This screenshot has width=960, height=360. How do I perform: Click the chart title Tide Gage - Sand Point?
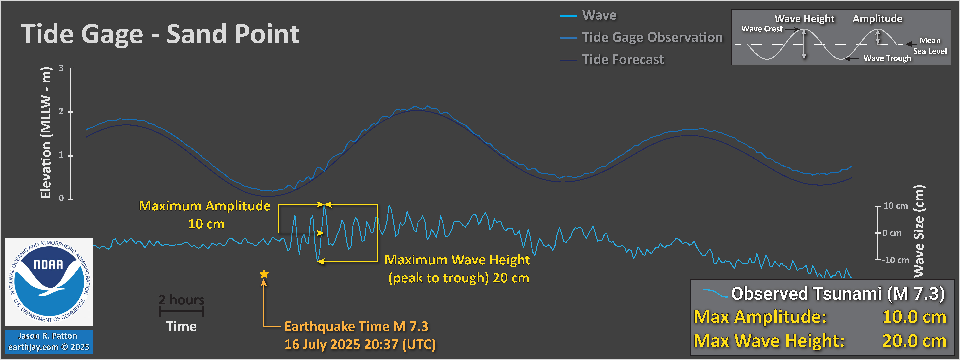click(x=160, y=34)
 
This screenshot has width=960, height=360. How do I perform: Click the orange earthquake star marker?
click(x=264, y=274)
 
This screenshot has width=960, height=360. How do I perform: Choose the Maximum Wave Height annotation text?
click(x=457, y=269)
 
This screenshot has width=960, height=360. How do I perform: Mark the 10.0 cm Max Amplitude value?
click(x=914, y=317)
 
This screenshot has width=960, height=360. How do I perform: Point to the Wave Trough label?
click(x=887, y=58)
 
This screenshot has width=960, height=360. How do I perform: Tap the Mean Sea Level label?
click(x=930, y=46)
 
